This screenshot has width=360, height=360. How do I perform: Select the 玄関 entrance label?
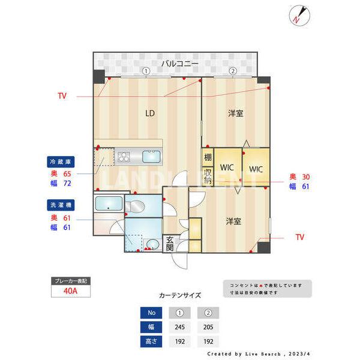(x=170, y=243)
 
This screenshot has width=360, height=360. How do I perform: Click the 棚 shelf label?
(x=207, y=158)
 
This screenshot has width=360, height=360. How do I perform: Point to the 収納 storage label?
(x=207, y=176)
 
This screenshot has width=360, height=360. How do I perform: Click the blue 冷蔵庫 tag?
(x=60, y=161)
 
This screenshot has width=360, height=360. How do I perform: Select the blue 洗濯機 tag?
(x=60, y=205)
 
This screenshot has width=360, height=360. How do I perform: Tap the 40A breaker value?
(x=71, y=292)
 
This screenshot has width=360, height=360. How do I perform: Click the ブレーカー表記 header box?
(x=71, y=281)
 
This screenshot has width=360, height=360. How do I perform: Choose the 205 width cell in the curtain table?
(x=208, y=327)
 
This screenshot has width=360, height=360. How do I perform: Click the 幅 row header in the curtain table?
(x=151, y=327)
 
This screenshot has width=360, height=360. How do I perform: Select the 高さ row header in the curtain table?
(x=151, y=341)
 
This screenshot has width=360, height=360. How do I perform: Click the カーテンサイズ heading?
(x=180, y=296)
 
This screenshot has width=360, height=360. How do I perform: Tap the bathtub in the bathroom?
(x=109, y=203)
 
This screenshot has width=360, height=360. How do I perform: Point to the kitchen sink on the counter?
(x=151, y=157)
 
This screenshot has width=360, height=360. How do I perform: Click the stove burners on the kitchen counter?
(x=124, y=157)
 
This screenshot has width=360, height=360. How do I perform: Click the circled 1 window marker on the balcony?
(x=146, y=71)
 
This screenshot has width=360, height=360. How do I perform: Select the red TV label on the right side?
(x=299, y=238)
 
